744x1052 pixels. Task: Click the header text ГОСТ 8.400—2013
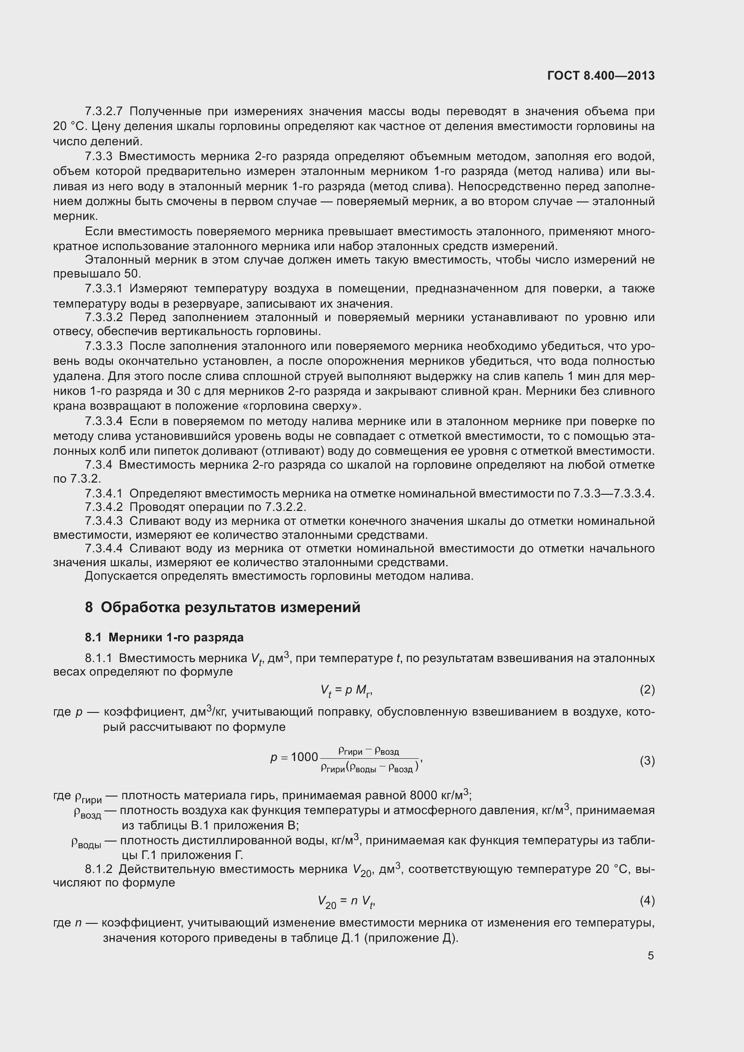601,76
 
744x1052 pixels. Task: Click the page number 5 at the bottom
650,955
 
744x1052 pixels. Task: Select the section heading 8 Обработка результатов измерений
223,607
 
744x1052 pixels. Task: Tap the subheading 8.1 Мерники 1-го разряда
164,637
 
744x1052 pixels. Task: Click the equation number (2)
647,689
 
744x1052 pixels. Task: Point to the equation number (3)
647,761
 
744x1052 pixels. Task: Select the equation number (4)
647,901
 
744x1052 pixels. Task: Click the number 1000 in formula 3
304,757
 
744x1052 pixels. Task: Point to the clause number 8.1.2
99,869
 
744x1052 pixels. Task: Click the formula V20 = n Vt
347,901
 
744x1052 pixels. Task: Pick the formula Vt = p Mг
346,690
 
